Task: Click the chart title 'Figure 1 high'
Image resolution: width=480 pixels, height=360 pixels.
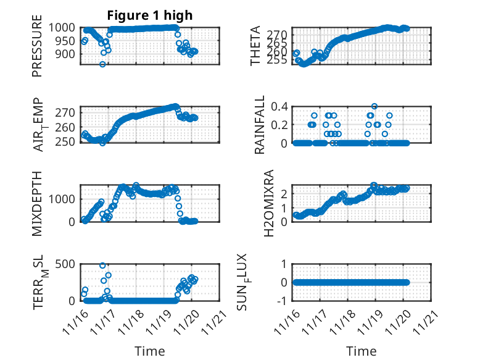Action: [x=150, y=15]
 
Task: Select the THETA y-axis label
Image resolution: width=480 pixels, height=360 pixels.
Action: [x=255, y=46]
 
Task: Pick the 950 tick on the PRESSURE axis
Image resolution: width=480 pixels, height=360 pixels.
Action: [x=67, y=41]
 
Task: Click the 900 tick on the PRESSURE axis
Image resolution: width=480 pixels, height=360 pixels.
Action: [x=67, y=54]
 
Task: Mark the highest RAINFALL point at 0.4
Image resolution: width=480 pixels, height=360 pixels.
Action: [x=374, y=106]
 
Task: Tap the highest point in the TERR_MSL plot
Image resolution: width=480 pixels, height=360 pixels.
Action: [x=102, y=266]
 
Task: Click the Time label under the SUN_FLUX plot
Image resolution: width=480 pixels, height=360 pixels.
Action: [x=361, y=351]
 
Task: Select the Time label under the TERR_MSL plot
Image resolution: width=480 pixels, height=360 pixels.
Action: [x=150, y=351]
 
